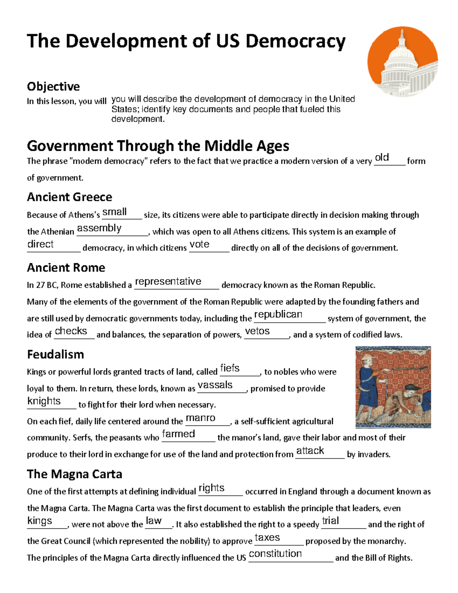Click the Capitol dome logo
[403, 62]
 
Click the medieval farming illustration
[393, 387]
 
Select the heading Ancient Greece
[69, 197]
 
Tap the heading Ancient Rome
[66, 268]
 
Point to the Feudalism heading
[55, 354]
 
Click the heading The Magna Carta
[74, 474]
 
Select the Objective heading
[53, 87]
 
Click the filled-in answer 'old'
[382, 157]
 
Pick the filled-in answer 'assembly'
[99, 228]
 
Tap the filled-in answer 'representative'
[168, 281]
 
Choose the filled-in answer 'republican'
[278, 314]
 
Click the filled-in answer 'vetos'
[257, 331]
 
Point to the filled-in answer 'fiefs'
[230, 368]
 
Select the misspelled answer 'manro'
[200, 418]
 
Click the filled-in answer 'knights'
[44, 401]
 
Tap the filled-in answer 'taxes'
[267, 538]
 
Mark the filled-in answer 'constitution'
[275, 554]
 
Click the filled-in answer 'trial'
[330, 521]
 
